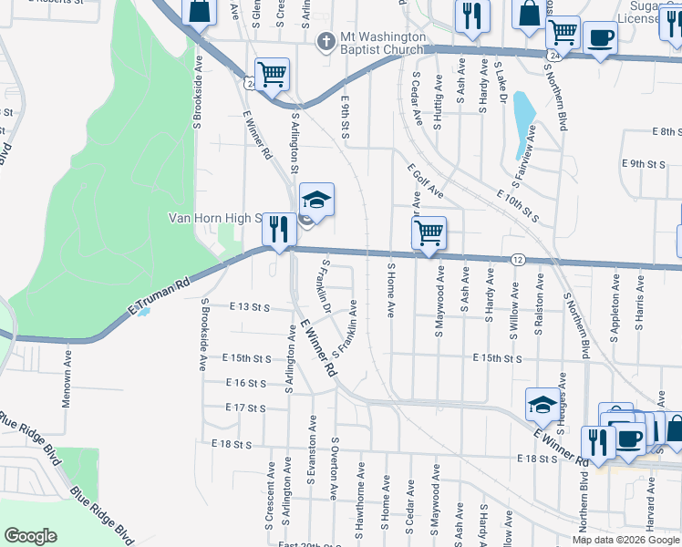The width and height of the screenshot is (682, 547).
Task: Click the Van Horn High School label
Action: pyautogui.click(x=215, y=219)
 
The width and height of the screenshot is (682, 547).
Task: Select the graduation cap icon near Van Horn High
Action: pyautogui.click(x=316, y=199)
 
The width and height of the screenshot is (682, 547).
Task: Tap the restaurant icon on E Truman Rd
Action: pyautogui.click(x=279, y=228)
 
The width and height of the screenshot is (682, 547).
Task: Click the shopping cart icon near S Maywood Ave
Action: pyautogui.click(x=429, y=232)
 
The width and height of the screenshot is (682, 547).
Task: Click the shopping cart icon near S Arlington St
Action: pyautogui.click(x=272, y=74)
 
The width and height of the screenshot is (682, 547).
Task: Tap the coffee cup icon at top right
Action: pyautogui.click(x=600, y=37)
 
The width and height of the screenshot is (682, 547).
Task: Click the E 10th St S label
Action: pyautogui.click(x=519, y=208)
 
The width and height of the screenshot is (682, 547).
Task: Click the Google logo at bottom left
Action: pyautogui.click(x=30, y=536)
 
